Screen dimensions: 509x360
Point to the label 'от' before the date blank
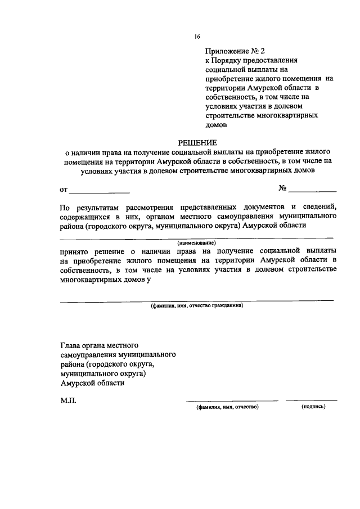click(x=63, y=190)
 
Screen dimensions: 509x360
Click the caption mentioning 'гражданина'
click(x=196, y=307)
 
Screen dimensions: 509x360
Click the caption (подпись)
click(x=313, y=407)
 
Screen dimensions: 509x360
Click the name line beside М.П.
click(x=232, y=400)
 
